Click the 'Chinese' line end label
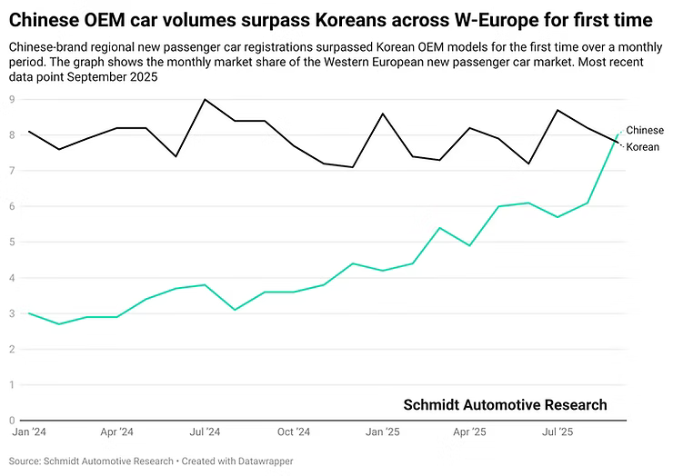(645, 131)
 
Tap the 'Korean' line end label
(643, 147)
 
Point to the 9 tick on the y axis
(13, 99)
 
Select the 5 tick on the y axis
(13, 242)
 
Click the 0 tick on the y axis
(13, 421)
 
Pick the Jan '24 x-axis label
(29, 432)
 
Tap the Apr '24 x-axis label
(117, 432)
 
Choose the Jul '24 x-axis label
(206, 432)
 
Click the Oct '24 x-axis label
(294, 432)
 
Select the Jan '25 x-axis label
(382, 432)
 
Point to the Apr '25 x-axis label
(470, 432)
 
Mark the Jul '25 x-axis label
(557, 432)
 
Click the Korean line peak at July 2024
(206, 99)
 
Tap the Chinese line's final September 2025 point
(618, 134)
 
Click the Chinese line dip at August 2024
(235, 310)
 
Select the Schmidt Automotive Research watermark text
(505, 405)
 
